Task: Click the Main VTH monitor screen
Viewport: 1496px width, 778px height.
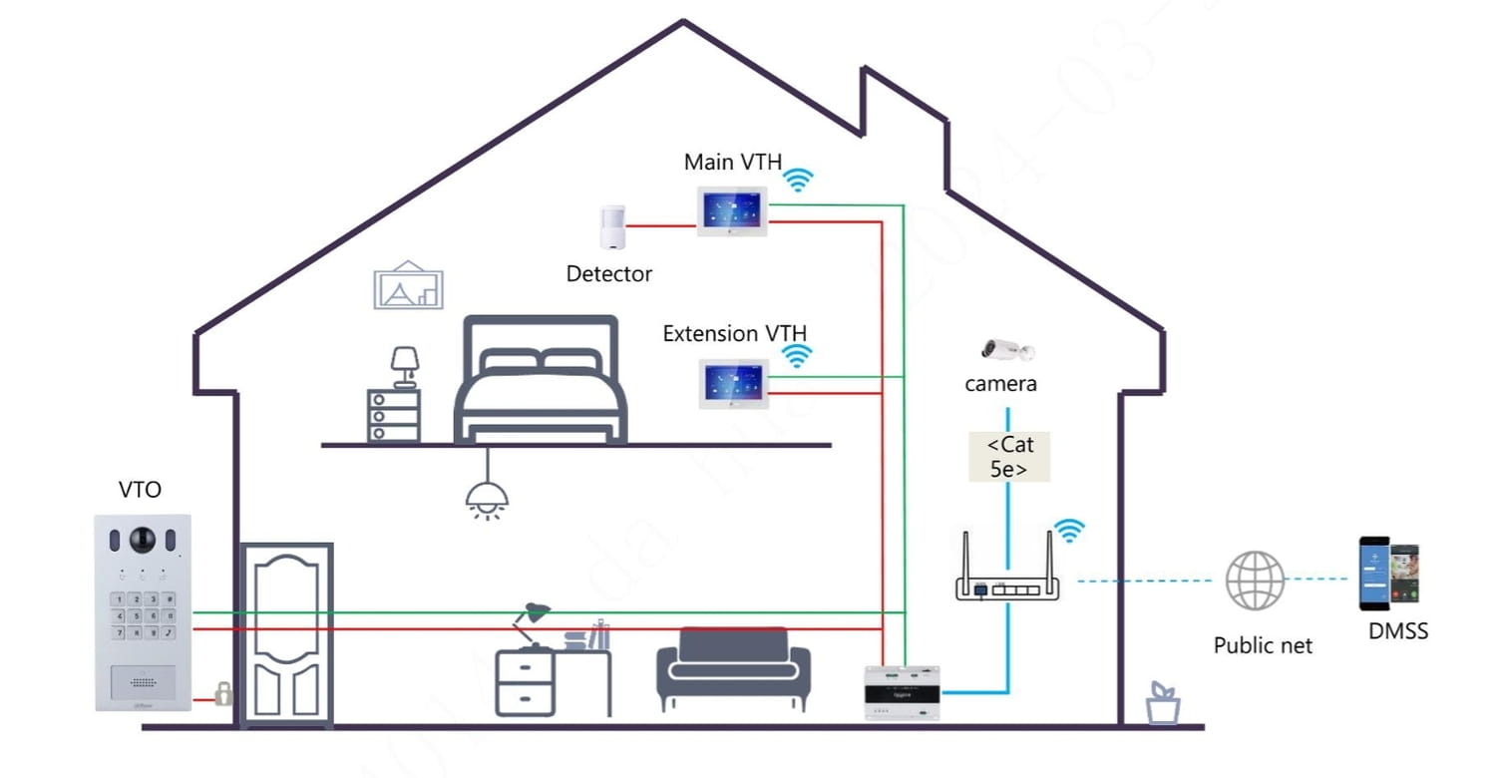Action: (731, 210)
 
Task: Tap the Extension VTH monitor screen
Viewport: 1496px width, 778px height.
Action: (733, 383)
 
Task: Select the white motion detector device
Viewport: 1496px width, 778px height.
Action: (612, 228)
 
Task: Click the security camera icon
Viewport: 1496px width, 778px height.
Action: (1006, 350)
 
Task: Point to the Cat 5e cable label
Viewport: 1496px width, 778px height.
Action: (1009, 457)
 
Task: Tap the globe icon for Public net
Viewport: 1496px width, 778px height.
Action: (1254, 580)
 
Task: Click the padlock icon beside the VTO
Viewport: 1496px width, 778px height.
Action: (223, 694)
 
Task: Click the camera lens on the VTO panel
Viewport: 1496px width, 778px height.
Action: (143, 540)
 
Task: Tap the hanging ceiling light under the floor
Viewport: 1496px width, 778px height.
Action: (488, 497)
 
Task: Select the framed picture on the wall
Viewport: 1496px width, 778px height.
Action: (408, 285)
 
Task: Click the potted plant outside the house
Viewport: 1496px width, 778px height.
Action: (1162, 703)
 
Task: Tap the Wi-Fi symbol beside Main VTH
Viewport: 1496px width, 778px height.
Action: (797, 180)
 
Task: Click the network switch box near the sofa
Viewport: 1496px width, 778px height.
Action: (902, 690)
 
